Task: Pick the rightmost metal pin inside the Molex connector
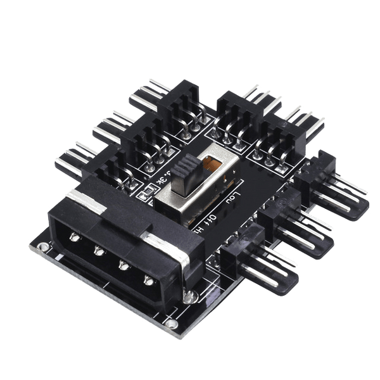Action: (x=148, y=280)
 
